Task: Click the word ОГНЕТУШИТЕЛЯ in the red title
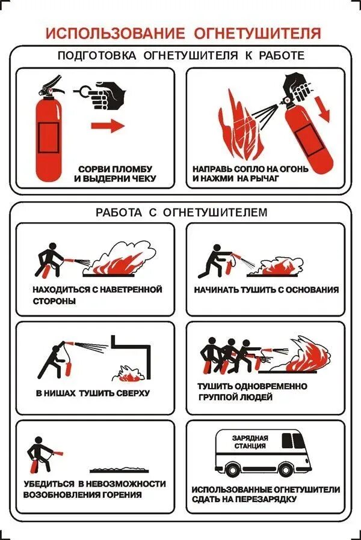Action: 258,34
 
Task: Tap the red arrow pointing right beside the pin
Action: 108,126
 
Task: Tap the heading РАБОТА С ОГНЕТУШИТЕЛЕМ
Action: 182,212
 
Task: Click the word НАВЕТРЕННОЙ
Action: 131,290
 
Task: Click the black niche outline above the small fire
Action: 149,358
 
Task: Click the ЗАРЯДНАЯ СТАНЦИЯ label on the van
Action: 250,442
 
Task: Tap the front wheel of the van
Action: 285,469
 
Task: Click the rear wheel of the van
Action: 232,469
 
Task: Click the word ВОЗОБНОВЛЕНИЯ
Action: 60,495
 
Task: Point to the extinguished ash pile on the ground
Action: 119,470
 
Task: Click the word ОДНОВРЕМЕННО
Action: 273,386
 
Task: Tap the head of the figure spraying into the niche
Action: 55,349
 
